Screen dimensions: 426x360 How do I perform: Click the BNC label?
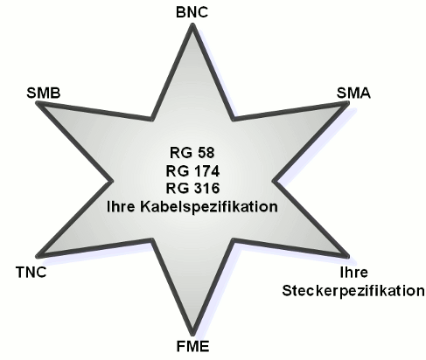(192, 12)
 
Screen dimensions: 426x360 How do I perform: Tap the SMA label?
(353, 93)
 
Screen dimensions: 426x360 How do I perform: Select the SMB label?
(44, 93)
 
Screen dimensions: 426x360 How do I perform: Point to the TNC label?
(31, 273)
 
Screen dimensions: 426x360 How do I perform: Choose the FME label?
(192, 347)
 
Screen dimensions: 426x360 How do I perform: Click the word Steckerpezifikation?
(353, 291)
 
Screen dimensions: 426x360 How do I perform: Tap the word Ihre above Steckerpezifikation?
(354, 273)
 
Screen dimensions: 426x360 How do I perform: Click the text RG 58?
(192, 153)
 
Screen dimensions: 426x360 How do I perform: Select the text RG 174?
(192, 171)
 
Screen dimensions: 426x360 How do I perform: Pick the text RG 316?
(192, 188)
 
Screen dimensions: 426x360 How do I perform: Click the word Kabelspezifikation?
(209, 207)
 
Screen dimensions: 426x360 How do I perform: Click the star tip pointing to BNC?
(192, 24)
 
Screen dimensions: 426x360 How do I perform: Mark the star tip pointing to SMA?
(348, 102)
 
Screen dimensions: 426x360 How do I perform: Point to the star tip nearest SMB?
(37, 102)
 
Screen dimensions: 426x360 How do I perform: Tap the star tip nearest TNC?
(37, 256)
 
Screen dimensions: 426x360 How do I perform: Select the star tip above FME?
(192, 335)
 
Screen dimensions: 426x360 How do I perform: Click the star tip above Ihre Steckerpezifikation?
(348, 256)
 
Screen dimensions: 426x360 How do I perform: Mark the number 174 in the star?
(206, 171)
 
